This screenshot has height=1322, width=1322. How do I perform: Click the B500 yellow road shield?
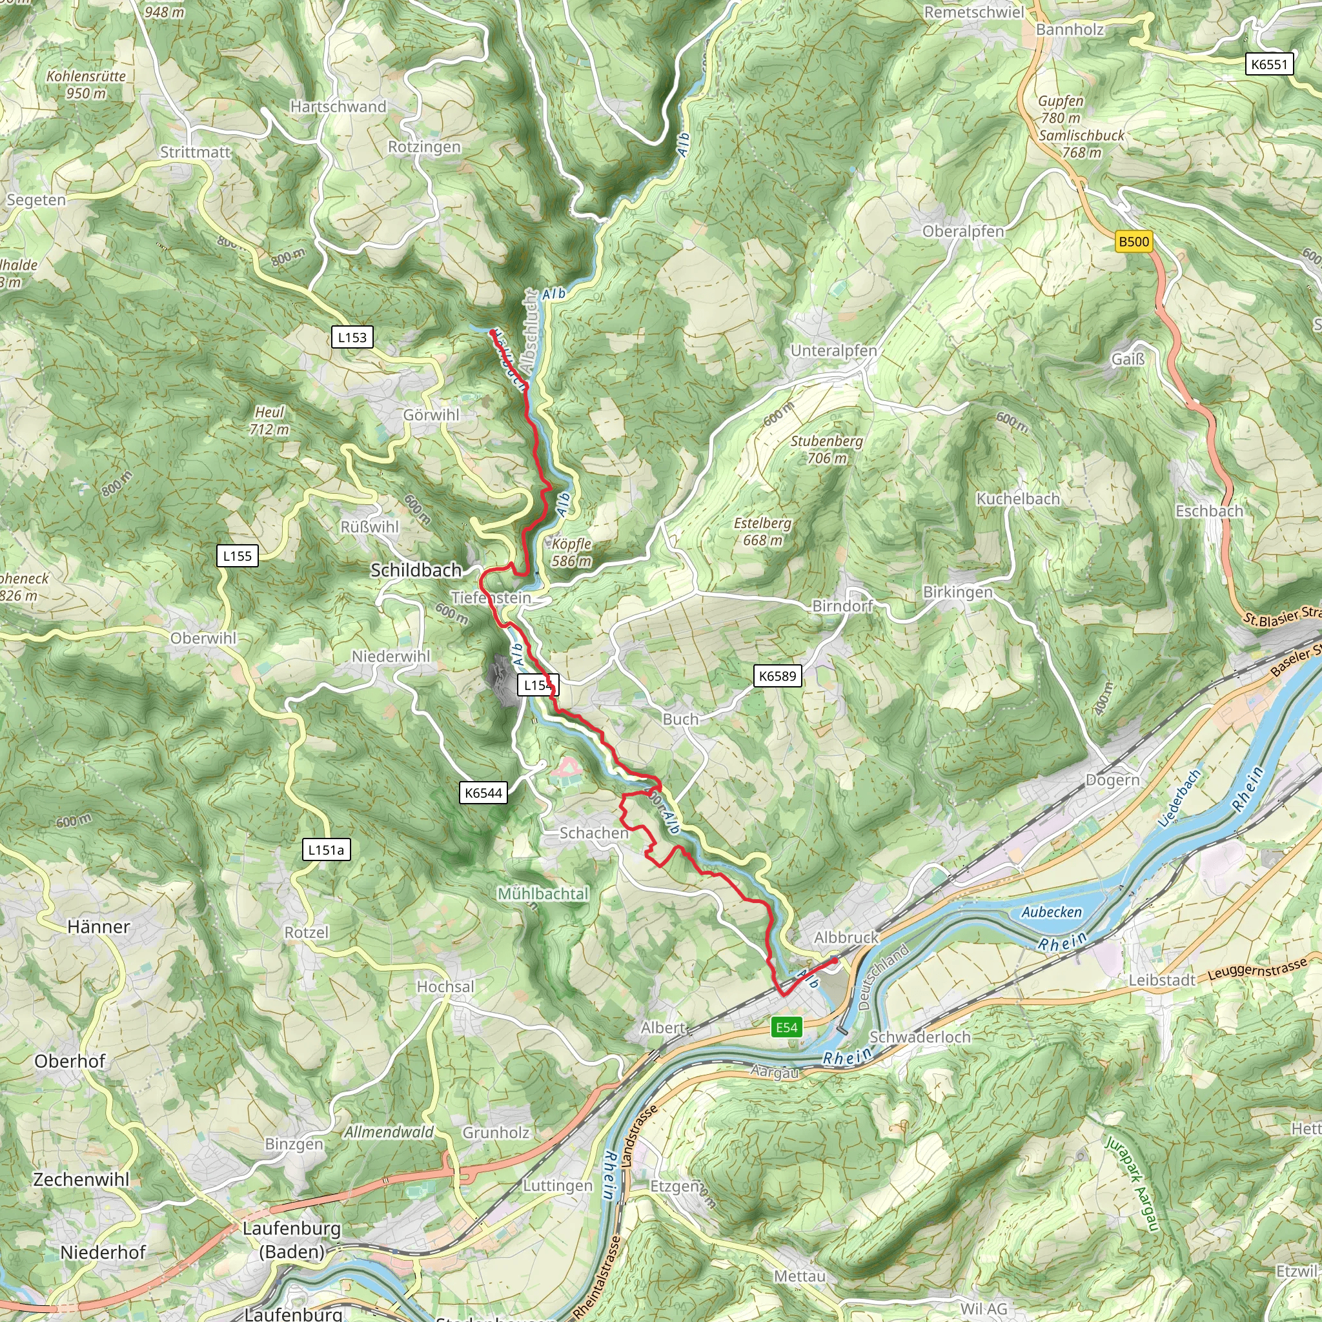tap(1134, 241)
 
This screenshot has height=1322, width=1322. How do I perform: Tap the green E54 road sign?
tap(786, 1027)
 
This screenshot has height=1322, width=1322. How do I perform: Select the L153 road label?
tap(352, 338)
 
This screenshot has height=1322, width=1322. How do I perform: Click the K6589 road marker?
tap(778, 676)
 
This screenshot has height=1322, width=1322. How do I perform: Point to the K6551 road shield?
tap(1269, 65)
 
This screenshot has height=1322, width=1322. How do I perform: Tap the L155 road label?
tap(238, 556)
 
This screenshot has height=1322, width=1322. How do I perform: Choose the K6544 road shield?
tap(483, 793)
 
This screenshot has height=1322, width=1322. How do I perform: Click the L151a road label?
tap(326, 850)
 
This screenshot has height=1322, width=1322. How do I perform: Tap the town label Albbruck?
tap(846, 937)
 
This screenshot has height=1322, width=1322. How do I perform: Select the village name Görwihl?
tap(431, 415)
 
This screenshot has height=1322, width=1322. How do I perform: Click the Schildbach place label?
tap(416, 570)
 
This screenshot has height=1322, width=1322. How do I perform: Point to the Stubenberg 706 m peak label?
tap(827, 449)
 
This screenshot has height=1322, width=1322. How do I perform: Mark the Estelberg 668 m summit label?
tap(762, 532)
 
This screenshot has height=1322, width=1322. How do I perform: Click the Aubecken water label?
tap(1052, 912)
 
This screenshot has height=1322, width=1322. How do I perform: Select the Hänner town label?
tap(99, 927)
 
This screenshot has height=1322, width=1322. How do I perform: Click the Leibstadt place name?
tap(1162, 980)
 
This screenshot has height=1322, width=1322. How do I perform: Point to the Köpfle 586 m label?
tap(571, 552)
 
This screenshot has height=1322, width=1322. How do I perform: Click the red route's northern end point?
tap(493, 332)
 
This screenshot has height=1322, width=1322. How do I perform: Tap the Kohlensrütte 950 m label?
tap(86, 84)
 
